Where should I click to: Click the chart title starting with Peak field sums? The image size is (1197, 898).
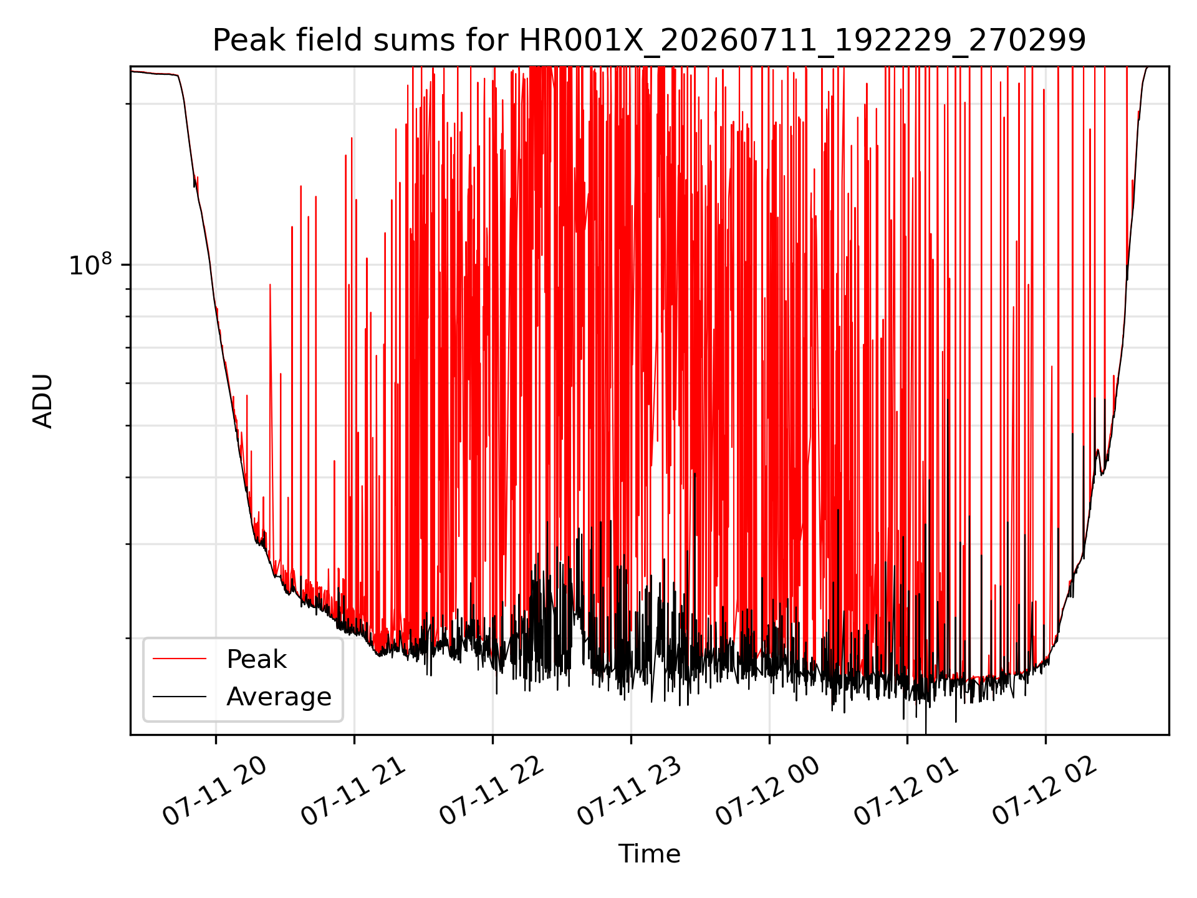(649, 41)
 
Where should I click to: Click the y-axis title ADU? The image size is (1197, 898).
(43, 401)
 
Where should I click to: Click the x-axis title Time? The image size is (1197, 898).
(649, 854)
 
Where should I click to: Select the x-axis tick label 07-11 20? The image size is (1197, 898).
(215, 792)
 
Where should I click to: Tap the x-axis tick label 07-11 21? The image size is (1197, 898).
(353, 792)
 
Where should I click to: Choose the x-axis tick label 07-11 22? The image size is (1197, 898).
(492, 792)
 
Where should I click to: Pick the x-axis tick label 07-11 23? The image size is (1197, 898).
(630, 792)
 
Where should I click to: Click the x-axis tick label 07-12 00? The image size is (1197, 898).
(769, 792)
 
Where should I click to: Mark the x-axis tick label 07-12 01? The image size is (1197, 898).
(907, 792)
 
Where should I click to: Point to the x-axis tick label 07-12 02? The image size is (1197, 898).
(1046, 792)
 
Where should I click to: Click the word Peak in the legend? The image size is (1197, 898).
(256, 659)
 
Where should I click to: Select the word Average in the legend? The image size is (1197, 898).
(279, 697)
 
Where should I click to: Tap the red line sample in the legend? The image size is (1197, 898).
(180, 659)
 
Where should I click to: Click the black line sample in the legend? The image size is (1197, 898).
(180, 696)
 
